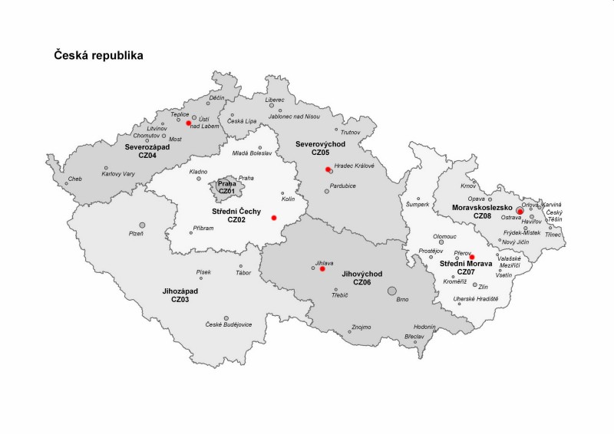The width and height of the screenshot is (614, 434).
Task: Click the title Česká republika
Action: click(x=97, y=56)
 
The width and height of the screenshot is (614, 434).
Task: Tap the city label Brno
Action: click(x=402, y=300)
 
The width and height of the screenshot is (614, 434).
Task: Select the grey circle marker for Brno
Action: click(x=392, y=291)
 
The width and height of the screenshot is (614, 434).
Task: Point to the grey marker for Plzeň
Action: click(x=142, y=225)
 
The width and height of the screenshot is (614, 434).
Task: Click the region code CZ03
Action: click(x=181, y=300)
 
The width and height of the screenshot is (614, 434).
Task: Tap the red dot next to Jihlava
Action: click(x=322, y=269)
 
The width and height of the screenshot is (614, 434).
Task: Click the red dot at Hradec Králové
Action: click(x=328, y=169)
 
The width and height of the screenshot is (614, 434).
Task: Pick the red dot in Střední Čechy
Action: click(x=273, y=218)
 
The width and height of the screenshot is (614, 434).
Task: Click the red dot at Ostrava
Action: click(x=520, y=211)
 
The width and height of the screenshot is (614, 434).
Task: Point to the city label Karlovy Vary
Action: click(x=118, y=174)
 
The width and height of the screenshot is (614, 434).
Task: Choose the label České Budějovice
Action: click(x=228, y=324)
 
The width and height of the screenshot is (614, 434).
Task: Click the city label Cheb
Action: click(x=74, y=179)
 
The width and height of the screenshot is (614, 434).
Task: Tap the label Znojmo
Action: click(x=361, y=327)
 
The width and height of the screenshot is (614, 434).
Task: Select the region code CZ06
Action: click(x=361, y=282)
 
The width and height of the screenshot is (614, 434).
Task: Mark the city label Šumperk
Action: click(x=418, y=205)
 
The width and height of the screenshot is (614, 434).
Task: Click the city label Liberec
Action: click(x=274, y=100)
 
